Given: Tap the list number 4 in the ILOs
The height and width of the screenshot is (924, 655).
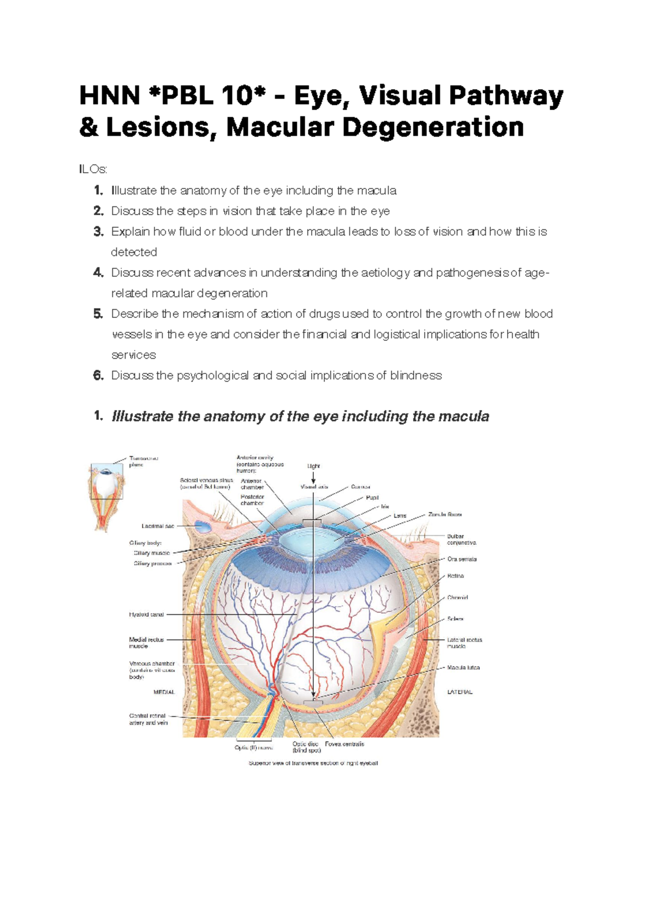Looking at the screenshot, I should click(x=98, y=273).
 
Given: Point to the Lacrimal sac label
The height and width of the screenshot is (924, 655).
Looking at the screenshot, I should click(x=158, y=526).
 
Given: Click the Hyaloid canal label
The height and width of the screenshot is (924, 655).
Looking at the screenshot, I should click(x=146, y=614).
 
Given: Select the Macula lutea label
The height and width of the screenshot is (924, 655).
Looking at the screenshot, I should click(x=463, y=667).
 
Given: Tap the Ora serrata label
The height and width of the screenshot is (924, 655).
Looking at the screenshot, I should click(x=462, y=559).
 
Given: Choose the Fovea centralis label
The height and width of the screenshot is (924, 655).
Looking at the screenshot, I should click(x=344, y=744).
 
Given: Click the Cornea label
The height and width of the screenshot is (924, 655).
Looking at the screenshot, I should click(x=360, y=487).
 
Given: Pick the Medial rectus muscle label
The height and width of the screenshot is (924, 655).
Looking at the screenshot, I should click(x=146, y=642).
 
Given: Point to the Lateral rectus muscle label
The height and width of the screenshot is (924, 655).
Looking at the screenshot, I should click(x=465, y=642).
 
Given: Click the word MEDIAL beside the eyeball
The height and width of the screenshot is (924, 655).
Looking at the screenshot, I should click(x=164, y=692).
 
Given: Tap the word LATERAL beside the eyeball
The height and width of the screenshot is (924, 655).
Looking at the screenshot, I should click(x=460, y=692).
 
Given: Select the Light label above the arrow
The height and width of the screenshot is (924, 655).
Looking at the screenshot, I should click(x=313, y=466).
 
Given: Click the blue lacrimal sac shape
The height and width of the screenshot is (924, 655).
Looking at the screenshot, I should click(x=203, y=526).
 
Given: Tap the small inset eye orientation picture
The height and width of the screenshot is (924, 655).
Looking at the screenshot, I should click(x=107, y=494).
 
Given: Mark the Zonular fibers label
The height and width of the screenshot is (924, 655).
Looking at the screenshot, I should click(x=445, y=514).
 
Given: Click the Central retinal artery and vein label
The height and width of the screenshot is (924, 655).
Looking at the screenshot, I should click(x=148, y=719).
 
